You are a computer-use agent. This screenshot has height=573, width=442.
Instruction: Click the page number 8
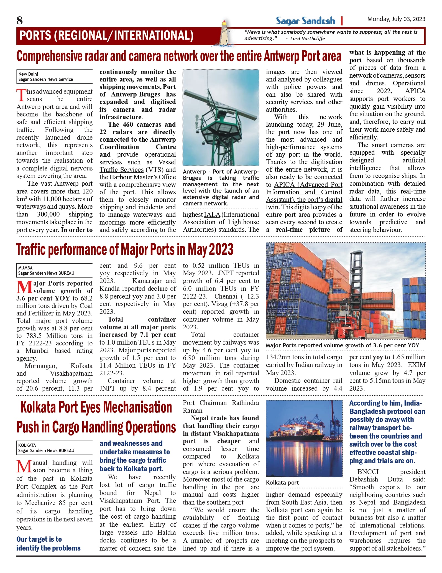20,21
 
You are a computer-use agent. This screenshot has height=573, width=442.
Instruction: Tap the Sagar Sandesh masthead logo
305,21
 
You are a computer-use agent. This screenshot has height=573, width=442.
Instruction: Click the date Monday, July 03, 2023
396,19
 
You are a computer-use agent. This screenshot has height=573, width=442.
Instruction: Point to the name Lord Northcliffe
307,39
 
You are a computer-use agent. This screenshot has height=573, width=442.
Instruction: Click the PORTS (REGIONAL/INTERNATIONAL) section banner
106,36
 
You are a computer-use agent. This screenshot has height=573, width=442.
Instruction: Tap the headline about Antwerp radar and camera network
179,56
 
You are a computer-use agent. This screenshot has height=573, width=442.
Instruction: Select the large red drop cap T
21,95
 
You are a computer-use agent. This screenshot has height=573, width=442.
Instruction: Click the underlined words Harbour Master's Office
142,177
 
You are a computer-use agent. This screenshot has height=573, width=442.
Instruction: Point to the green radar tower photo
221,118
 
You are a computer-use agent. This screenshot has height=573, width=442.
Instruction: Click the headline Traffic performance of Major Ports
125,249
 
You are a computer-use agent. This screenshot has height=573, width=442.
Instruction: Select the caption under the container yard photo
342,345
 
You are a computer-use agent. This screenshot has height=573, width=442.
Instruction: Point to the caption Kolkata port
282,483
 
